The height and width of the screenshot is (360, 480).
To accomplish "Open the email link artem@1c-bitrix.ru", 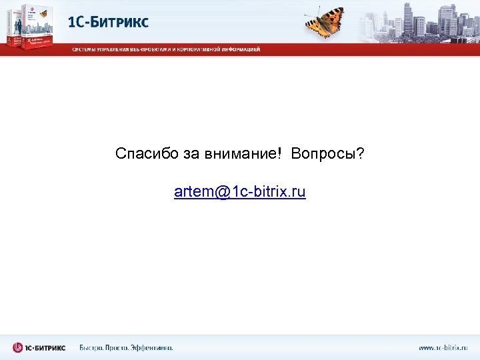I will pos(239,193).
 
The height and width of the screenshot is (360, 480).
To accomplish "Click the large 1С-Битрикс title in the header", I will pos(109,21).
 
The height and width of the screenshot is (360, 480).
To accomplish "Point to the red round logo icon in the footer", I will pos(18,347).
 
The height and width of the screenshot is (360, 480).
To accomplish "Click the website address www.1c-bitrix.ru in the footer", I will pos(443,348).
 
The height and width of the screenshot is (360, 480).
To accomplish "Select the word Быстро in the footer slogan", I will pos(92,348).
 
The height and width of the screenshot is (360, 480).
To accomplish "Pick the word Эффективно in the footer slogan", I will pos(151,348).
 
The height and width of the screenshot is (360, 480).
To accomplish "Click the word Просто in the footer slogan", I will pos(118,348).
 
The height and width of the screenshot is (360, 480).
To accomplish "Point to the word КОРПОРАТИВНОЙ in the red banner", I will pos(198,49).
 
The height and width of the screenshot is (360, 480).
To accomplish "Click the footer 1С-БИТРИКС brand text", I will pos(45,348).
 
